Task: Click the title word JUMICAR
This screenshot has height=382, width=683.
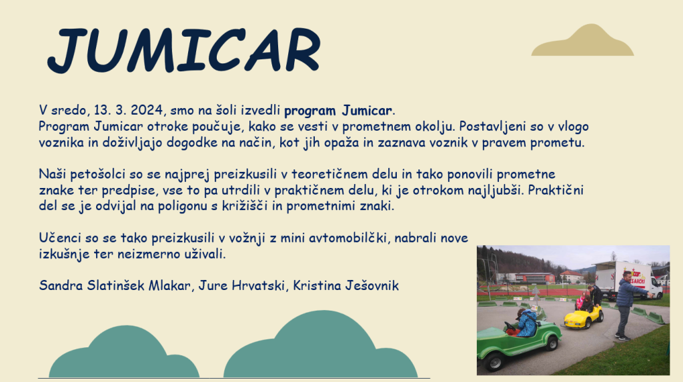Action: (x=184, y=49)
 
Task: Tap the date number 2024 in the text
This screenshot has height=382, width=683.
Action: (x=146, y=110)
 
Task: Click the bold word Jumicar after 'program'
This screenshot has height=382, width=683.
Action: (x=367, y=111)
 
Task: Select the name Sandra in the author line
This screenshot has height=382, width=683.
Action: (x=61, y=286)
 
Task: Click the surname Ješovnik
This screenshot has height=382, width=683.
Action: (x=372, y=286)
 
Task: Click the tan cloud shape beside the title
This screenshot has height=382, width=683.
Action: (x=582, y=40)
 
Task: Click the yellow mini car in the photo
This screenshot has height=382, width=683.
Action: (x=583, y=317)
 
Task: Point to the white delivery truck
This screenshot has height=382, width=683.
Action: (x=624, y=280)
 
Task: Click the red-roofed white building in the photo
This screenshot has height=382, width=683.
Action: (x=571, y=277)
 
